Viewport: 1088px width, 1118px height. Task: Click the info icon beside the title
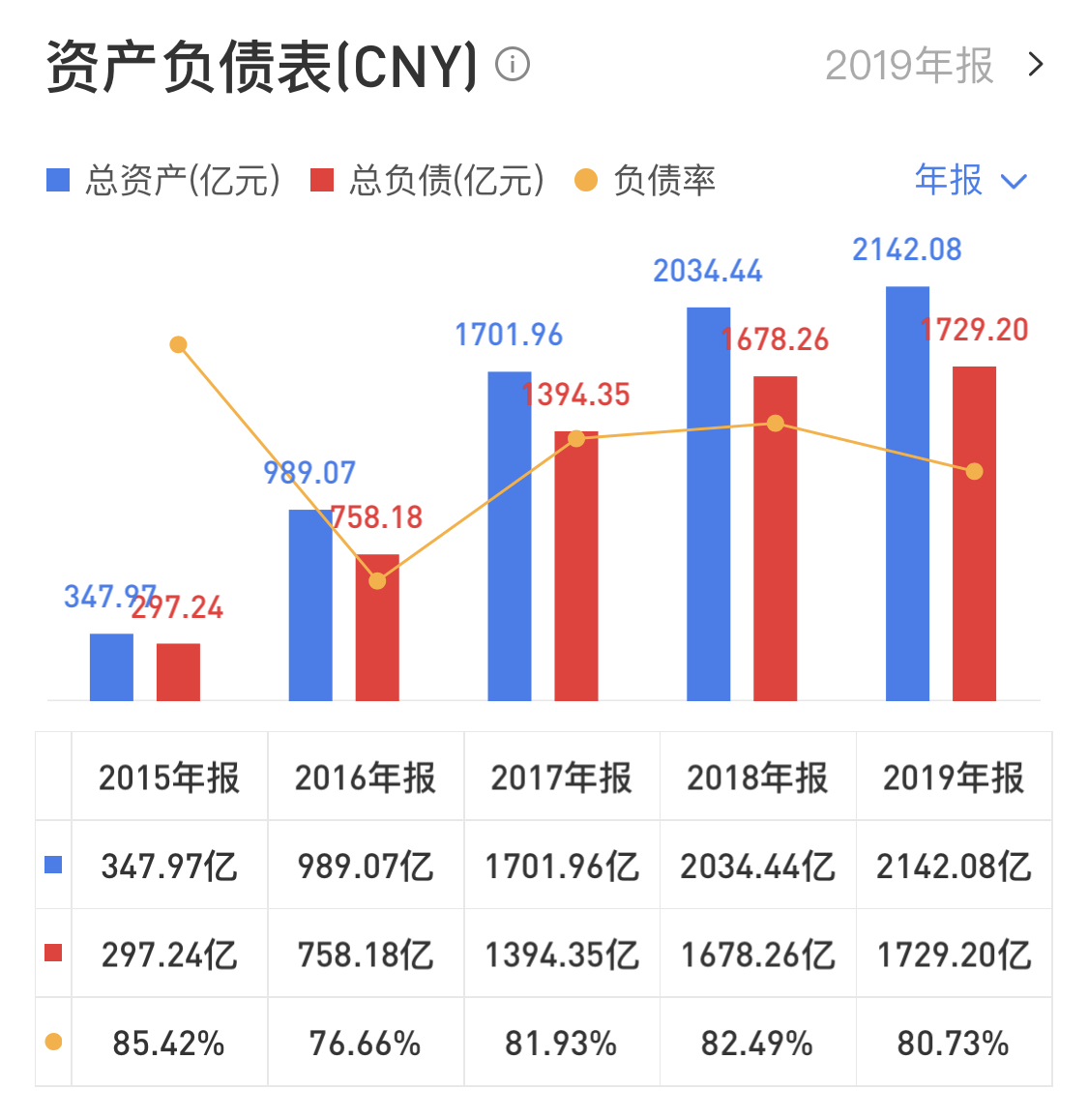(513, 65)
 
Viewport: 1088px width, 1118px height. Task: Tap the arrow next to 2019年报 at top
(1036, 65)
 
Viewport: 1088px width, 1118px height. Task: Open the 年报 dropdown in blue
(970, 180)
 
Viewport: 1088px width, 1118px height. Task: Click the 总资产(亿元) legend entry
(164, 181)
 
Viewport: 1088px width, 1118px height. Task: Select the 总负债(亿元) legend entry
(427, 181)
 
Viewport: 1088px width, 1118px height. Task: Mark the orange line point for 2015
(178, 344)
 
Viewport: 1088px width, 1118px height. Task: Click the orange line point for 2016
(377, 580)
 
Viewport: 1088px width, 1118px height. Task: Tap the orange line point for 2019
(974, 471)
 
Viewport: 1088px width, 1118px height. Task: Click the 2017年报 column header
(561, 778)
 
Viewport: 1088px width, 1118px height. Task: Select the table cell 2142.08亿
(954, 866)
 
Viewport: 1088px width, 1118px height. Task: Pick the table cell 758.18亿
(366, 955)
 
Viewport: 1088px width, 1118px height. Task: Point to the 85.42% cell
(168, 1044)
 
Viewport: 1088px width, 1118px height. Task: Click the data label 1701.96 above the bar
(509, 335)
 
